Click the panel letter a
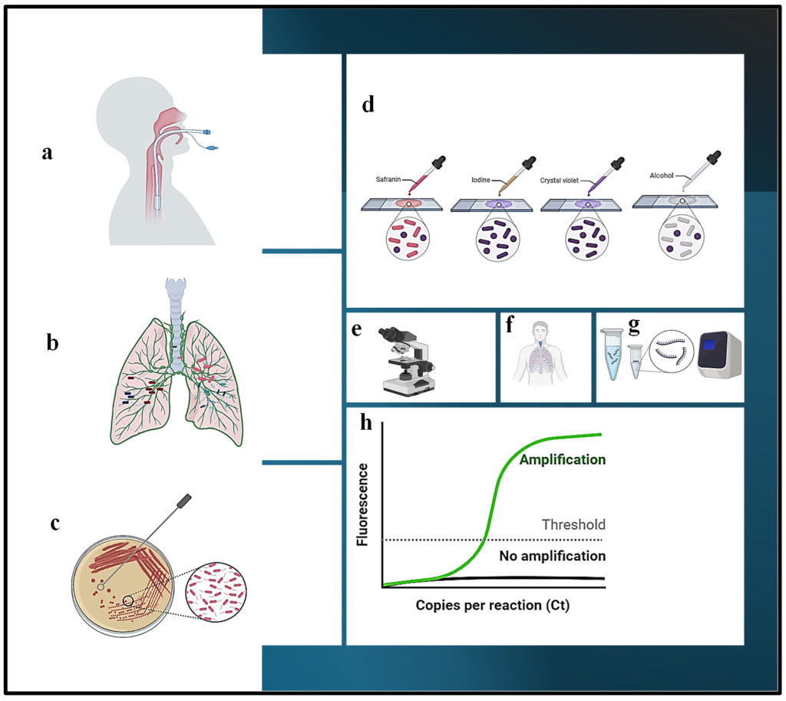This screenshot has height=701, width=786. point(48,153)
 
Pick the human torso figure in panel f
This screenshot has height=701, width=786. point(545,357)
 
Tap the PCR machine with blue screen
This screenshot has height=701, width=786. point(718,359)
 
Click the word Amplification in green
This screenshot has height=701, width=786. point(563,460)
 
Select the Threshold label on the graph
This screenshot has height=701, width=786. point(573,525)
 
